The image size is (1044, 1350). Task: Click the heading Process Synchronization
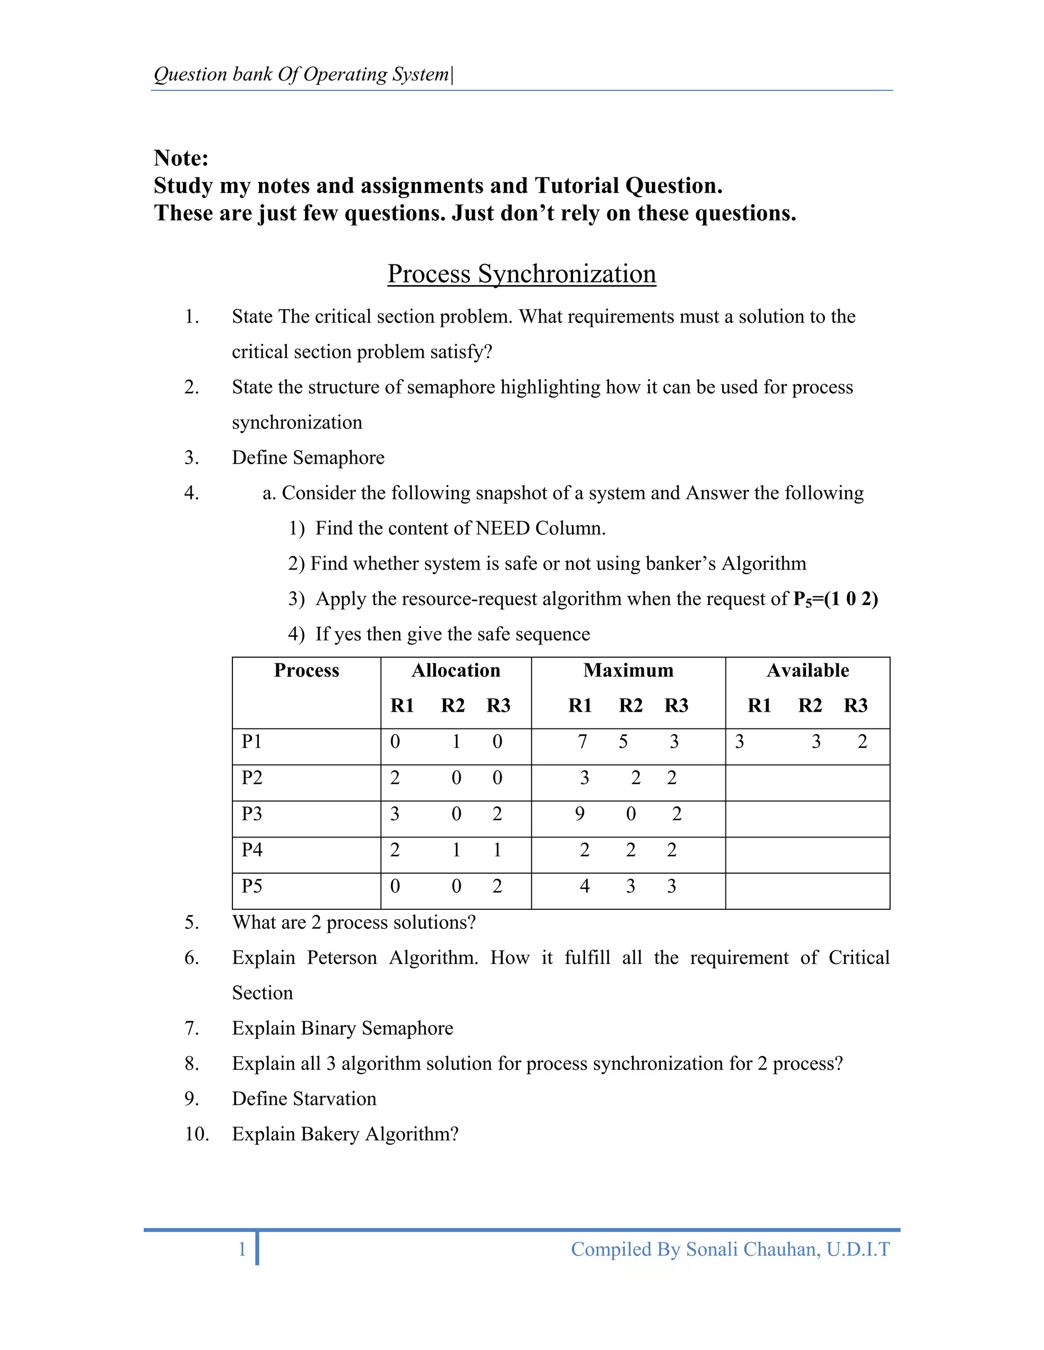(521, 274)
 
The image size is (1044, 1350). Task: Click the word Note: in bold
(181, 158)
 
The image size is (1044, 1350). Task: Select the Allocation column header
(456, 671)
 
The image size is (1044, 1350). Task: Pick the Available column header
(808, 671)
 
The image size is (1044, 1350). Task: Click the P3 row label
(252, 814)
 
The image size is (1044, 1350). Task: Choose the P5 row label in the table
(252, 886)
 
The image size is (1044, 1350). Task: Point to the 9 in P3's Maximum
(580, 814)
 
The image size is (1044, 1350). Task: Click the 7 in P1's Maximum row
(582, 741)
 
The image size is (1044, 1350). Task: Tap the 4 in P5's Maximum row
(585, 886)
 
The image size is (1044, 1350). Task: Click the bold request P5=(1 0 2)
(835, 599)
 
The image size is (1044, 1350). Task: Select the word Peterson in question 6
(342, 958)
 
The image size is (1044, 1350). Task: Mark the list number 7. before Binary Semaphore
(192, 1028)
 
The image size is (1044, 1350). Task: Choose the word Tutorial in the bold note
(577, 185)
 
